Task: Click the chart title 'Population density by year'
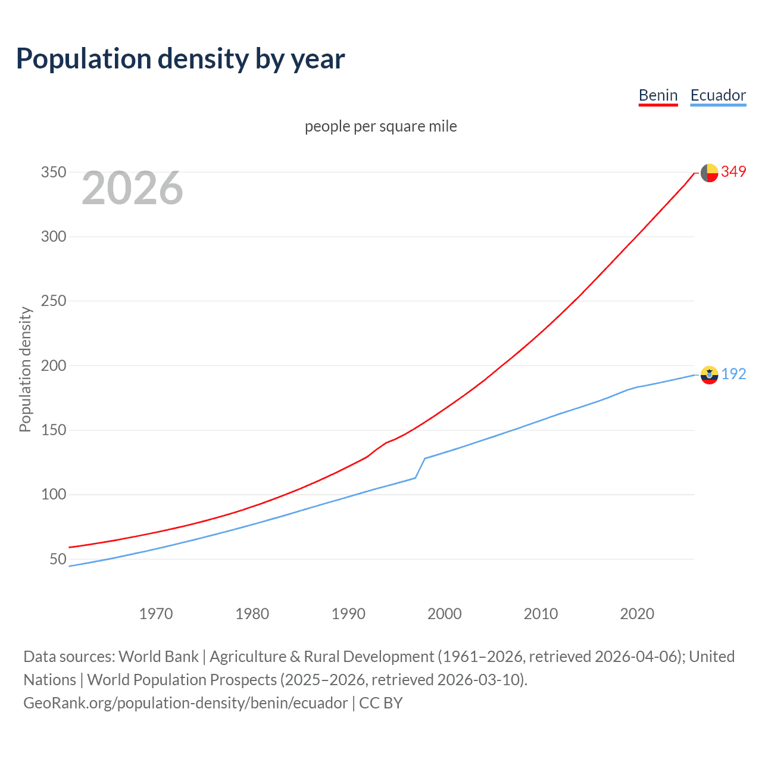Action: (x=180, y=58)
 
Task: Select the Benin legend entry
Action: (x=658, y=95)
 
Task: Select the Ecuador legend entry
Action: (x=718, y=95)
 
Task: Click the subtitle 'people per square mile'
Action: (x=380, y=126)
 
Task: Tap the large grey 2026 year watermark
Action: (x=132, y=188)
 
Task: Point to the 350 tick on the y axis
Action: (x=53, y=172)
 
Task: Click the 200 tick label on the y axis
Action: (x=53, y=366)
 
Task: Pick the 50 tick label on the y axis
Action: (x=58, y=559)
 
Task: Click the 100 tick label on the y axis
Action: (x=53, y=494)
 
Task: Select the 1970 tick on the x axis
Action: (x=156, y=614)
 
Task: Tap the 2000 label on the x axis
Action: (x=445, y=614)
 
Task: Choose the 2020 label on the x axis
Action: (x=637, y=614)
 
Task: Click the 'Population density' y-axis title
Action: (x=25, y=369)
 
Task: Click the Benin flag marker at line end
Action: (x=709, y=173)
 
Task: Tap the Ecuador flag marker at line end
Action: (x=709, y=375)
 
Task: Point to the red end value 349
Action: (x=733, y=171)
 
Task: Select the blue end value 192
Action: (x=733, y=374)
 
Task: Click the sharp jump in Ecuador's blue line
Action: (x=420, y=468)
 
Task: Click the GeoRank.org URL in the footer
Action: (x=185, y=703)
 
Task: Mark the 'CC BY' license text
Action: (x=381, y=703)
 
